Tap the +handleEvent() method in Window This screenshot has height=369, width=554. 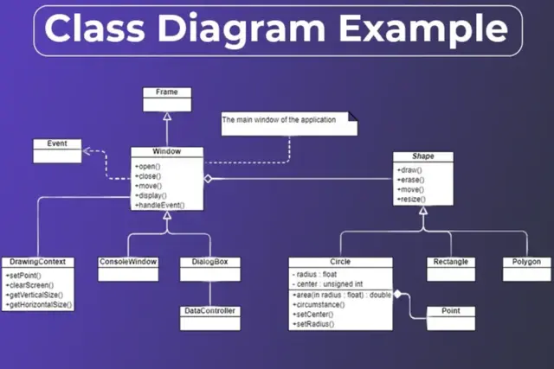point(161,205)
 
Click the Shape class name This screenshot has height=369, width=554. point(423,156)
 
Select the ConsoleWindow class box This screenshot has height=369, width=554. point(128,267)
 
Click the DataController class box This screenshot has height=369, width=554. point(209,315)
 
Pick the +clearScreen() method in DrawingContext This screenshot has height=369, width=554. point(30,284)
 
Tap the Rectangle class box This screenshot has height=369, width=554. point(450,267)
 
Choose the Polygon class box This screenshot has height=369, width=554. point(525,267)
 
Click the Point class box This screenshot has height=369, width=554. point(450,315)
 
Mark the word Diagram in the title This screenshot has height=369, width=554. point(251,29)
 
